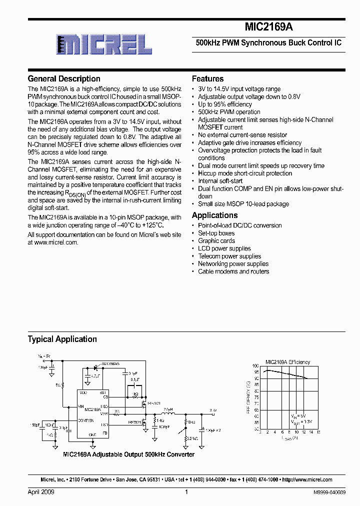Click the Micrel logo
(x=104, y=45)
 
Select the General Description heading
(x=64, y=78)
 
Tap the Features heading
(x=208, y=78)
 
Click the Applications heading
(x=215, y=215)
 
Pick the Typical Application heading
(x=62, y=339)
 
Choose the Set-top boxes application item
(x=216, y=233)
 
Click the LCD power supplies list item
(x=224, y=248)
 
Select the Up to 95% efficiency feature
(x=225, y=104)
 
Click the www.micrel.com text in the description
(x=56, y=242)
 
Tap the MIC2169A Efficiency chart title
(x=287, y=362)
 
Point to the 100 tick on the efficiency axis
(x=255, y=366)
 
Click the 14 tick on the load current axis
(x=311, y=432)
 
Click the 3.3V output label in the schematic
(x=213, y=410)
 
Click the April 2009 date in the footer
(x=41, y=492)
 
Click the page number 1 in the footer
(x=186, y=492)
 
